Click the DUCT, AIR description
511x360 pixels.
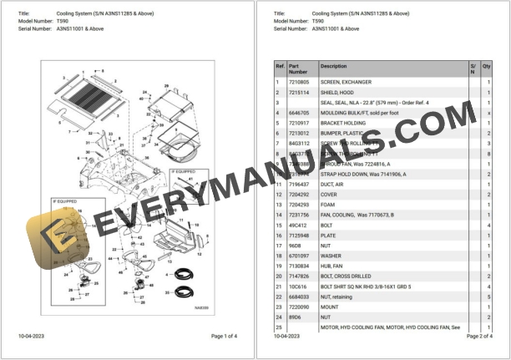334,184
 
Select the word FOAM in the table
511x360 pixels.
329,204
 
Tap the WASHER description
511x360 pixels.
332,256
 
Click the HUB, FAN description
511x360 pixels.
333,266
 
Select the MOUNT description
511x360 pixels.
331,307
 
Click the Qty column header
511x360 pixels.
487,65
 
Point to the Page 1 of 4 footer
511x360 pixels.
224,336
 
